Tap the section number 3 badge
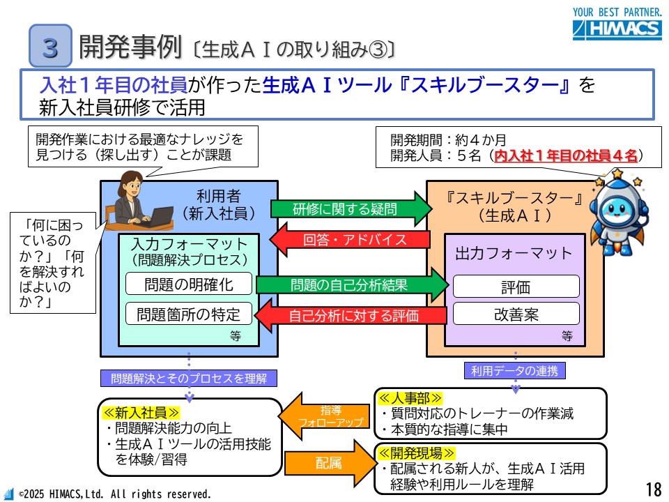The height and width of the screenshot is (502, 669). coord(50,46)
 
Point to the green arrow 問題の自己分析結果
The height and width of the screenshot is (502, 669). coord(351,284)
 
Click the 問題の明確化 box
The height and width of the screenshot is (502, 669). coord(188,284)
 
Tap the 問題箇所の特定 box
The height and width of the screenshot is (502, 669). coord(188,314)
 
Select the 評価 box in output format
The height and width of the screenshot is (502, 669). coord(516,287)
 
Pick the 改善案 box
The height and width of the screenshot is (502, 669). coord(516,314)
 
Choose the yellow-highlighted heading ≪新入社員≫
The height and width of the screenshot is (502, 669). coord(142,412)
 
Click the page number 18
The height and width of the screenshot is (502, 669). coord(653,487)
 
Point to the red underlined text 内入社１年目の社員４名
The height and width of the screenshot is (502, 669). coord(566,156)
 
